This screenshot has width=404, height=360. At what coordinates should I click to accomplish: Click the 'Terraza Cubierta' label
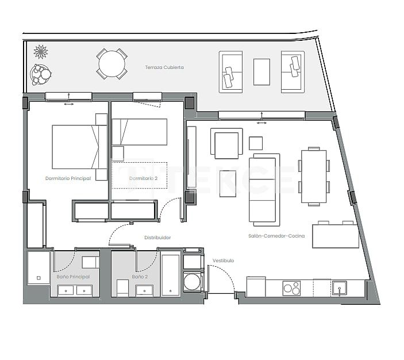coord(164,67)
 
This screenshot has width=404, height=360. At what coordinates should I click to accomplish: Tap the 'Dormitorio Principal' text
coord(68,178)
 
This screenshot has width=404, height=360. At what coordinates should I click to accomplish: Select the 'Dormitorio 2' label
coord(143,178)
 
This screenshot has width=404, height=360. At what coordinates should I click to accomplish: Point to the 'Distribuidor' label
coord(157,237)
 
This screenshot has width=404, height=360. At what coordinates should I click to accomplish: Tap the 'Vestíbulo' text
coord(223,261)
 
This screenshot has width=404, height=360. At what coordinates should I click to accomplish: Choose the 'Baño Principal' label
coord(74,277)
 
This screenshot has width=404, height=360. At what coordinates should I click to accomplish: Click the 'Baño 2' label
coord(140,277)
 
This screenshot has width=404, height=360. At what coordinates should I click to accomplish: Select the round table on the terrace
coord(111,64)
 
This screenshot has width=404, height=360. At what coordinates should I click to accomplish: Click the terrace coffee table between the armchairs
coord(261,72)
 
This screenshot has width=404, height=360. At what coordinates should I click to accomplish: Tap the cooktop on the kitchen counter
coord(291,288)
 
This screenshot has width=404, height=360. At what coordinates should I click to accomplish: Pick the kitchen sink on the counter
coord(340,287)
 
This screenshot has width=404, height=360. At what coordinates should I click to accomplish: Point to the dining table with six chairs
coord(314,176)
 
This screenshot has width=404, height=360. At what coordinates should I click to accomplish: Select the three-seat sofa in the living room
coord(264,190)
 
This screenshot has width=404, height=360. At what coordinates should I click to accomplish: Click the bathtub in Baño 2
coord(171,274)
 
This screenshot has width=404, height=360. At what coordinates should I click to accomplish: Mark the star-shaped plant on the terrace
coord(41,52)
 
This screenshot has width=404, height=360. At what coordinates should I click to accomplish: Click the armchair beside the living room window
coord(226,144)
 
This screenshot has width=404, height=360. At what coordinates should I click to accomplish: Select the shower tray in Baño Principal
coord(39,267)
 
